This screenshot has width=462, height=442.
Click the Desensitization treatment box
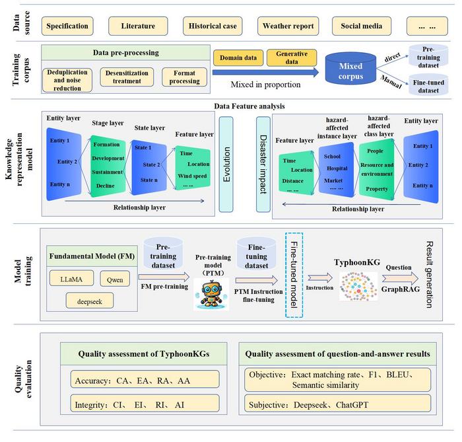tap(127, 77)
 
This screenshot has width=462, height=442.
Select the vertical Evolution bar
tap(226, 164)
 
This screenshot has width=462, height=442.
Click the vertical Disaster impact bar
tap(262, 164)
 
